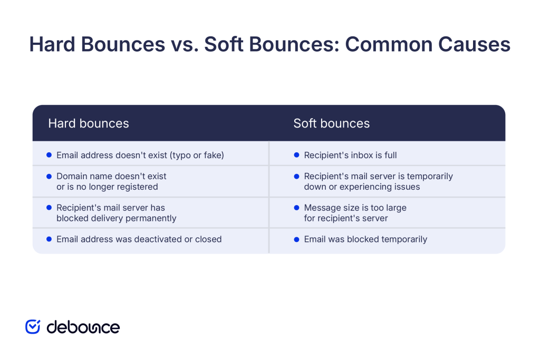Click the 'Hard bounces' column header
tap(89, 123)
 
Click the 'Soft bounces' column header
tap(331, 123)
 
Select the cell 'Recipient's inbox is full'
tap(350, 155)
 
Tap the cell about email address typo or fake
tap(140, 155)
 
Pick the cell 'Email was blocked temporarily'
tap(365, 239)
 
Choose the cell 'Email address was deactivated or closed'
tap(139, 239)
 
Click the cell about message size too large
tap(355, 213)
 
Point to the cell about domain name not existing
tap(111, 181)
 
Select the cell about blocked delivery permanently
tap(116, 213)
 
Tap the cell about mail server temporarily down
tap(378, 181)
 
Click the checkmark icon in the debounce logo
tap(33, 327)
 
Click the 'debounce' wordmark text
tap(83, 327)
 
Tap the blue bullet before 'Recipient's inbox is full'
tap(297, 155)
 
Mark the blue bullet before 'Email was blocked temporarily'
tap(297, 239)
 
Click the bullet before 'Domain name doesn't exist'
tap(49, 176)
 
